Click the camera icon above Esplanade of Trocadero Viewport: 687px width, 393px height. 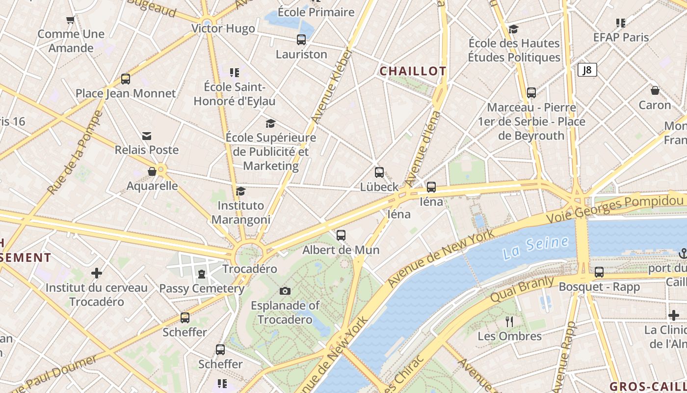(285, 291)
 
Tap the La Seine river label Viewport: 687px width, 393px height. (535, 248)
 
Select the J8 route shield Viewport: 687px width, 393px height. (587, 70)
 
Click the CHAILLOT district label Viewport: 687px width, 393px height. (413, 71)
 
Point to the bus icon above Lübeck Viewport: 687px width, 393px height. (379, 172)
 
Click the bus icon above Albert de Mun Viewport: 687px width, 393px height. (341, 235)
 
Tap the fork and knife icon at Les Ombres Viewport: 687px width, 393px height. (509, 322)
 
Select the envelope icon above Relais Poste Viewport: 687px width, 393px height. (146, 136)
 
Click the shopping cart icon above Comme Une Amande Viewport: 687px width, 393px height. (70, 20)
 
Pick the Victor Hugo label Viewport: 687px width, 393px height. (223, 28)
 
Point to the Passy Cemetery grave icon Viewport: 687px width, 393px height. (201, 274)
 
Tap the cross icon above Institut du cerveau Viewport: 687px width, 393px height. (97, 273)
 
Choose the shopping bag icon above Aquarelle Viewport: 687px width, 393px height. (152, 171)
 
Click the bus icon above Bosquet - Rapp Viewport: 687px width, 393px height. (599, 272)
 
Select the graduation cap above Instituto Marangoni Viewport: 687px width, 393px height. (240, 191)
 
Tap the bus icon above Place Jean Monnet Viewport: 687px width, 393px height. (126, 79)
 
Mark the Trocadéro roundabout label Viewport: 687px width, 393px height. (250, 269)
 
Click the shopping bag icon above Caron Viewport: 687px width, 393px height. (655, 91)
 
